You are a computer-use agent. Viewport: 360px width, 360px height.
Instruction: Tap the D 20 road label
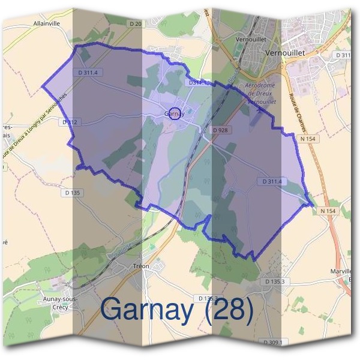click(x=136, y=23)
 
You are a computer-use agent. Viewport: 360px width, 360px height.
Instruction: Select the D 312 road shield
click(x=70, y=122)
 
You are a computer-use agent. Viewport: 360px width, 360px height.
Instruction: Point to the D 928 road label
click(x=221, y=130)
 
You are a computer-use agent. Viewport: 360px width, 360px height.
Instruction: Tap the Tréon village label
click(x=142, y=265)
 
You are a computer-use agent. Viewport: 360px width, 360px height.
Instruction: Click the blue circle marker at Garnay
click(x=175, y=113)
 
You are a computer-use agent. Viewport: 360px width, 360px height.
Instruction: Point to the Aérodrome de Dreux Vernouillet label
click(x=260, y=94)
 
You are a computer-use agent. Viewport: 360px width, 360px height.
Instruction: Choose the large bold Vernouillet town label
click(x=285, y=53)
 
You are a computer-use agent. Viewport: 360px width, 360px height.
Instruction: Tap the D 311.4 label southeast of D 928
click(x=272, y=181)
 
